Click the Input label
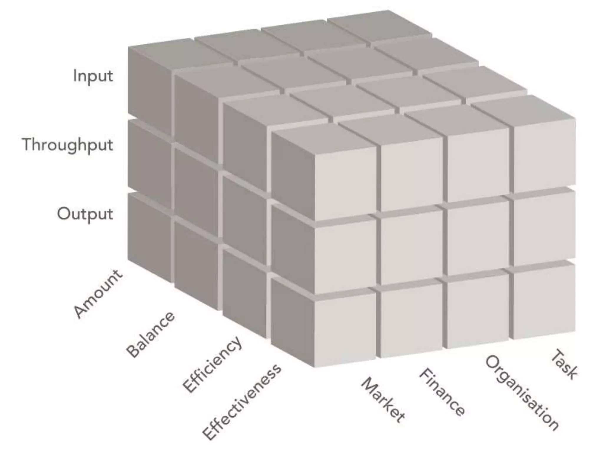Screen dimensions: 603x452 click(93, 76)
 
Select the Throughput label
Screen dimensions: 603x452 click(68, 145)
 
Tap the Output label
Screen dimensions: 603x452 click(85, 214)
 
